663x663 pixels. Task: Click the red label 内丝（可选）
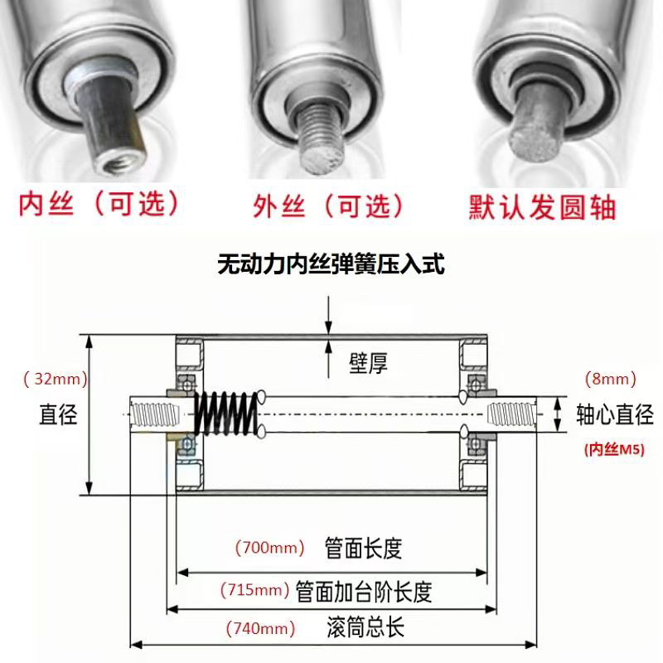[x=99, y=203]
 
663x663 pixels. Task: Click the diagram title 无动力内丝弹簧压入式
[x=331, y=266]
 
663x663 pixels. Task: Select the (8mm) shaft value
[x=611, y=380]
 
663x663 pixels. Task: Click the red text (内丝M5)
[x=612, y=450]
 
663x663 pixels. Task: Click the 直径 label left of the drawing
[x=58, y=414]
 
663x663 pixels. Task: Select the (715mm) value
[x=255, y=591]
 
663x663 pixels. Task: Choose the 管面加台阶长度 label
[x=365, y=591]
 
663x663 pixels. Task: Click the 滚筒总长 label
[x=364, y=627]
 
